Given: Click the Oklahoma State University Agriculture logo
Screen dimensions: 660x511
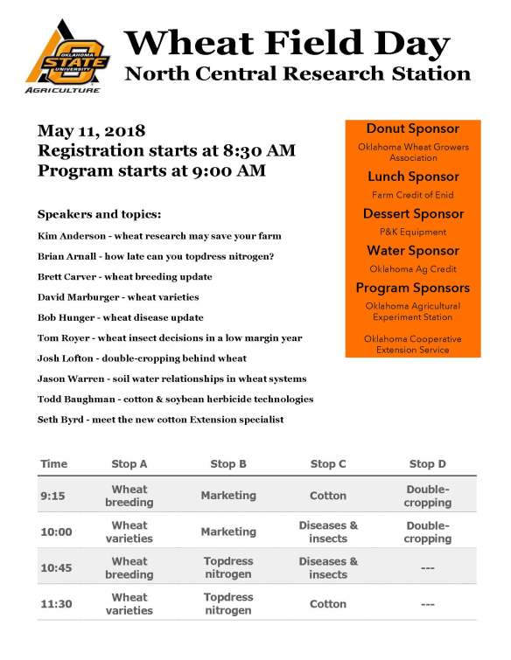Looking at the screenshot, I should coord(67,56).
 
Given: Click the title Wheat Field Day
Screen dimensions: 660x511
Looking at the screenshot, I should coord(287,42).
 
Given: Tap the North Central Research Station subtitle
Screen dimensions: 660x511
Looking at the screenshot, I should coord(297,73).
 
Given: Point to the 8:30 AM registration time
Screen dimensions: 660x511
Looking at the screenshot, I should coord(263,151).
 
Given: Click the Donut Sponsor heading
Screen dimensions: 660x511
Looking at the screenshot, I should coord(412,129).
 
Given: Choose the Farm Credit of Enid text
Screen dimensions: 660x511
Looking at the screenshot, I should coord(412,195).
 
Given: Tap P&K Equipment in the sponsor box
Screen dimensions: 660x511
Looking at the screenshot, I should coord(412,232).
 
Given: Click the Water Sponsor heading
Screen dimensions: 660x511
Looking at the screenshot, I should coord(412,251).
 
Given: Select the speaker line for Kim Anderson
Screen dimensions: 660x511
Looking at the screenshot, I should coord(159,236).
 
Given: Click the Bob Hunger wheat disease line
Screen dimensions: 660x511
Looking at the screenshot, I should coord(121,317).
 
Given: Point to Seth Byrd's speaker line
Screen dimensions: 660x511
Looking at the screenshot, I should coord(161,420).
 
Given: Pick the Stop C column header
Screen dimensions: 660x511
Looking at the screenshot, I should coord(328,463).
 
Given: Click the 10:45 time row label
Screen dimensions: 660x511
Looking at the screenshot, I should coord(57,567).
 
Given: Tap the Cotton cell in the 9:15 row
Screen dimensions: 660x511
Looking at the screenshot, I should coord(328,496).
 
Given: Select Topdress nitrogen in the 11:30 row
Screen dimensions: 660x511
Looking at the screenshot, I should coord(228,603).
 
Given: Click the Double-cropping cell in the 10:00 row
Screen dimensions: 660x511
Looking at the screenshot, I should coord(427,531).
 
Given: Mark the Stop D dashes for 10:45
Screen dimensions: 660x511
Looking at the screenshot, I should coord(427,567).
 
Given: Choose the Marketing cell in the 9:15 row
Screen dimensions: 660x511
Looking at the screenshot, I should coord(228,496).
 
